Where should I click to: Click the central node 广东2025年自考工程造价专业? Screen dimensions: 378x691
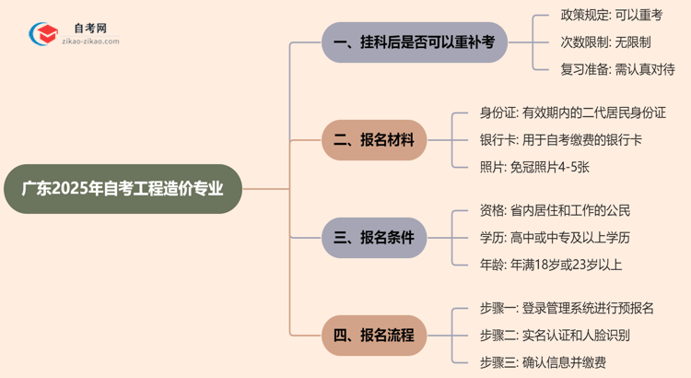[x=123, y=189]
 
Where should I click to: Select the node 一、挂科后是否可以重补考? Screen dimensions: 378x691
[x=415, y=42]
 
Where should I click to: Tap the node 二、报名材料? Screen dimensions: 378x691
[x=374, y=140]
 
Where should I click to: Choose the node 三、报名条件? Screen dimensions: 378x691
[x=374, y=238]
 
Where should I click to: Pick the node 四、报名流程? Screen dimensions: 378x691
[x=374, y=335]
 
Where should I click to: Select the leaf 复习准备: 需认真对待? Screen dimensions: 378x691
[x=617, y=69]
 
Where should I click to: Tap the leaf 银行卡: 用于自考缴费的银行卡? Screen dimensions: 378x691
[x=560, y=140]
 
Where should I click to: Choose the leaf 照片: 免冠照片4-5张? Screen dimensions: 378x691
[x=534, y=167]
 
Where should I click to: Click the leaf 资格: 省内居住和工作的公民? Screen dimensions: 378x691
[x=555, y=211]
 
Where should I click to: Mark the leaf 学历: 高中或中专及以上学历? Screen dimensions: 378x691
[x=555, y=238]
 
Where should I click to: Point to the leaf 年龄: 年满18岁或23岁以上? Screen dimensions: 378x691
[x=551, y=265]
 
